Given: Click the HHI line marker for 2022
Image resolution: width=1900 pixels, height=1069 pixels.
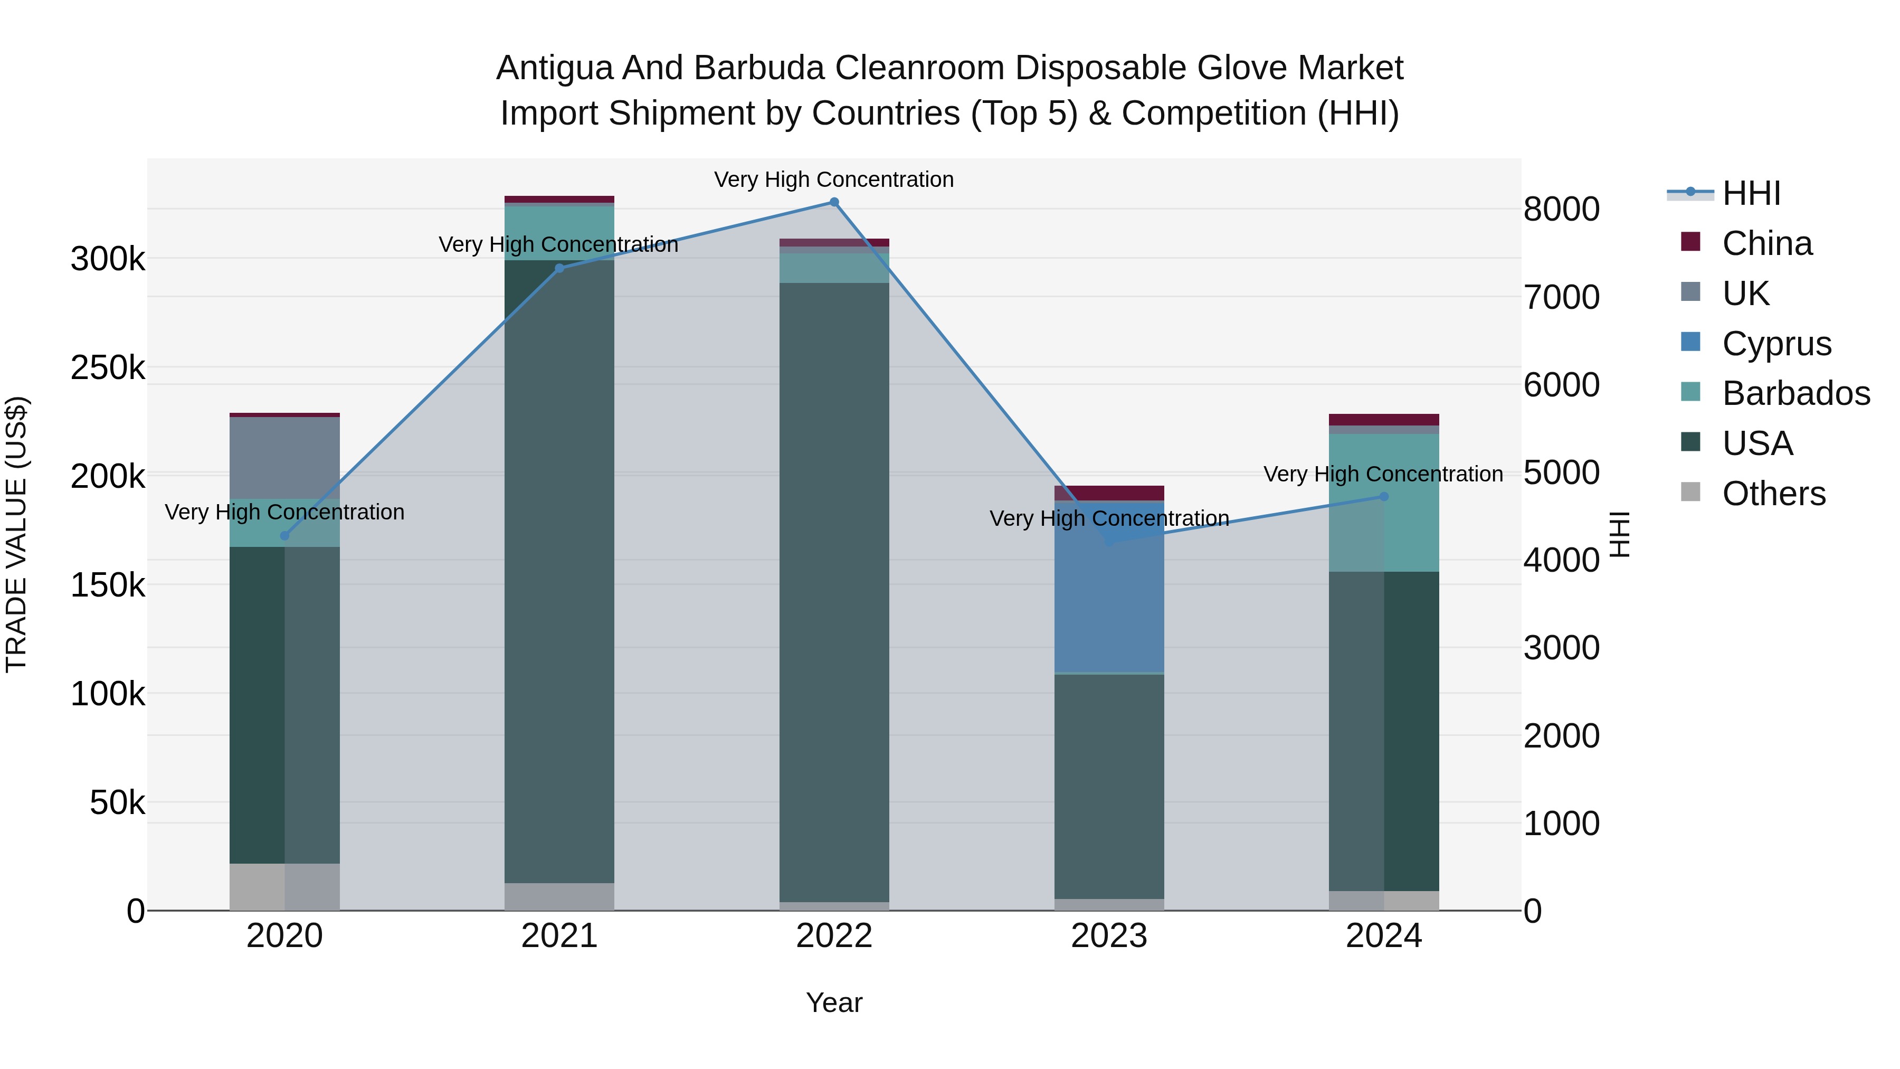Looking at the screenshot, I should (x=834, y=202).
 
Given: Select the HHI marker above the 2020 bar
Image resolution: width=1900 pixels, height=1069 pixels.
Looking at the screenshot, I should (x=284, y=536).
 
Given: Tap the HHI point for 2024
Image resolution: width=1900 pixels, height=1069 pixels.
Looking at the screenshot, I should (x=1384, y=497).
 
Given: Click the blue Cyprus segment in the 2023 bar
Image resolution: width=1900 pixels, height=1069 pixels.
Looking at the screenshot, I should (x=1109, y=590).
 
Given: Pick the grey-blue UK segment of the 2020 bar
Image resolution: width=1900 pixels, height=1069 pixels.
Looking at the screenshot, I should (x=284, y=457).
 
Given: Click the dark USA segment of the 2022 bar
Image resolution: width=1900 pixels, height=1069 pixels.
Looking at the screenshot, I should (x=834, y=590).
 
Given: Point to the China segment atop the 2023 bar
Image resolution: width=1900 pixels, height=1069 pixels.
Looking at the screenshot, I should (x=1109, y=493).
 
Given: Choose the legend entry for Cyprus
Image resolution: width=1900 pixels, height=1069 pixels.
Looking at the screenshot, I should (x=1776, y=344).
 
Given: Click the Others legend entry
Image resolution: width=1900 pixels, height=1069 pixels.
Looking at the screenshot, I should (x=1773, y=494).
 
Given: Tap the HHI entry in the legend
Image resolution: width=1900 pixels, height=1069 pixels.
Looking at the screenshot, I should (x=1751, y=193).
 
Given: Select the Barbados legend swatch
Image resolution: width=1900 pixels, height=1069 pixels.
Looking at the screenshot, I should (x=1690, y=392).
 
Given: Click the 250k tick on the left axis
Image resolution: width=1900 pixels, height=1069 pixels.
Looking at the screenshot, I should (x=108, y=367).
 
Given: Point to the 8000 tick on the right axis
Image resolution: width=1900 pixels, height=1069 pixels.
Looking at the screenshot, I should (x=1562, y=210).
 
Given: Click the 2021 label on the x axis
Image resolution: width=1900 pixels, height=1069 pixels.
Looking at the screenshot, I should (x=559, y=936).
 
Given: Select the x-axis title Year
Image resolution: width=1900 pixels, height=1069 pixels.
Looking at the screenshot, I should (x=834, y=1002).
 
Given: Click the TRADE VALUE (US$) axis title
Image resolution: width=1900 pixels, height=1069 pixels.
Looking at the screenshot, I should (x=16, y=534).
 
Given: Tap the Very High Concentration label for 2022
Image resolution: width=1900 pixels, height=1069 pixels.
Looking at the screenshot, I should (x=834, y=179).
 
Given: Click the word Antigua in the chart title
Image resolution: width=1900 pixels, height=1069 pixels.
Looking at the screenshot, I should (x=554, y=68).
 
